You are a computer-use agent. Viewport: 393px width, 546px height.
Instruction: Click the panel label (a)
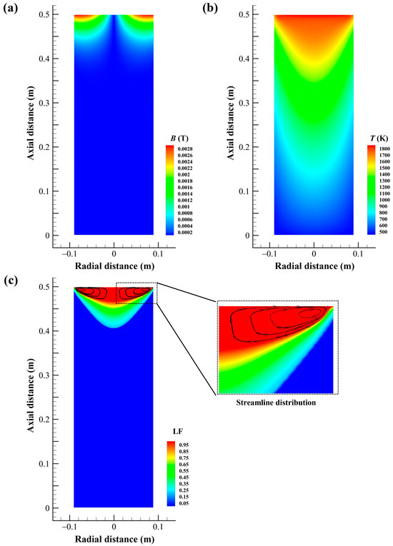tap(11, 9)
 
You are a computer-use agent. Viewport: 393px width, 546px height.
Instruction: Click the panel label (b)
tap(209, 9)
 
